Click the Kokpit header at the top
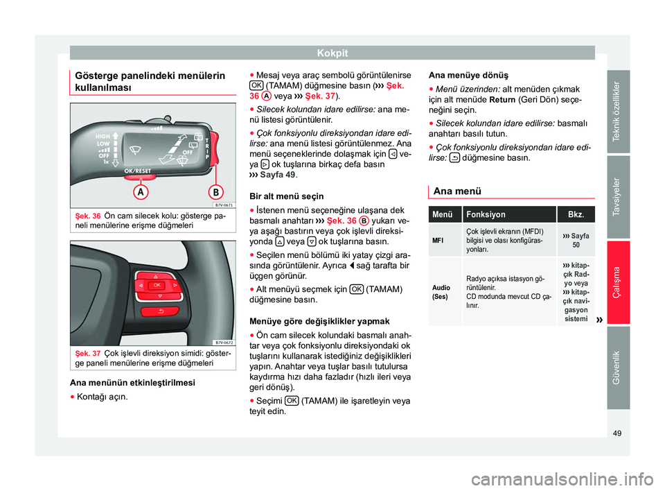[332, 52]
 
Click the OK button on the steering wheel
[157, 285]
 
